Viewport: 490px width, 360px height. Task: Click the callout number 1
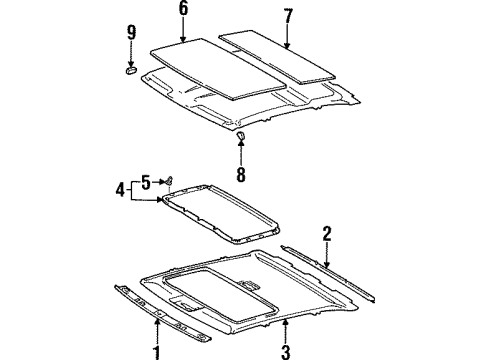[157, 351]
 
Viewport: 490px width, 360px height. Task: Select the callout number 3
[286, 351]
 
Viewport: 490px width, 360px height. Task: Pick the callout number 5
[146, 181]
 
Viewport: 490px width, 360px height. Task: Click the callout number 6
[182, 10]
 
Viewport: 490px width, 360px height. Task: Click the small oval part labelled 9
[131, 70]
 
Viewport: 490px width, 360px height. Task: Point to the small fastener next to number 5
[167, 180]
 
